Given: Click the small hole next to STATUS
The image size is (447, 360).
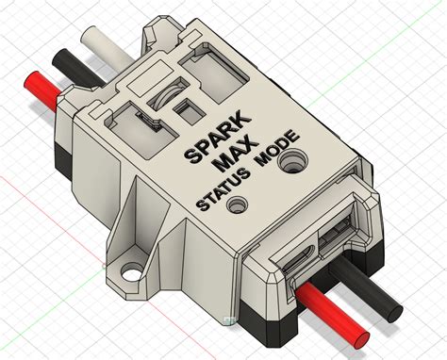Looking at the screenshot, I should pyautogui.click(x=240, y=202).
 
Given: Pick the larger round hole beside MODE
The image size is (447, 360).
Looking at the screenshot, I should pyautogui.click(x=294, y=162).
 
